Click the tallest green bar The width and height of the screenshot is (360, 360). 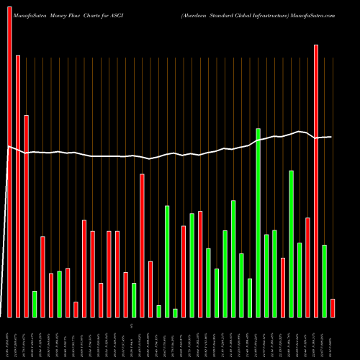[258, 222]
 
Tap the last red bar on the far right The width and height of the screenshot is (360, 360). [333, 308]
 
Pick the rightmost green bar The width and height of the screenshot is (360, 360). [324, 281]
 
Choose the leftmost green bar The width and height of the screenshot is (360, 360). [35, 304]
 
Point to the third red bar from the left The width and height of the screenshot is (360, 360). [26, 216]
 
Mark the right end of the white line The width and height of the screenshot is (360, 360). [332, 137]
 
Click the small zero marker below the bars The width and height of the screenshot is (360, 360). [131, 326]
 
